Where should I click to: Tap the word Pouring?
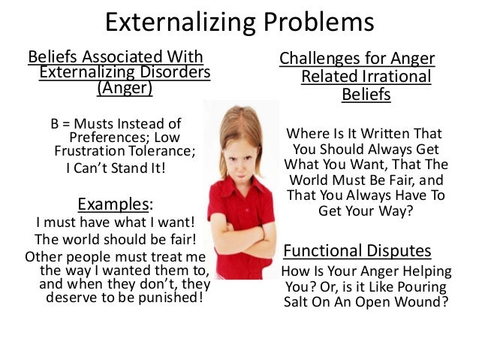(x=423, y=287)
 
